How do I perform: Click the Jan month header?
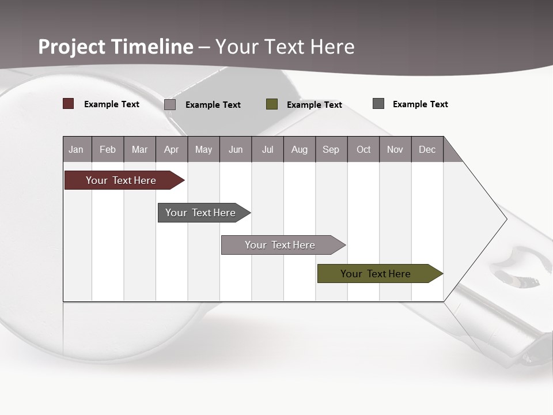[x=76, y=150]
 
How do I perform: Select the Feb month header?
[x=108, y=150]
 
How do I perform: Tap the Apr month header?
[x=171, y=150]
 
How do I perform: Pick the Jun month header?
[x=236, y=150]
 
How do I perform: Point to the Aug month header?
[x=299, y=150]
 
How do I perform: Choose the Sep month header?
[x=331, y=150]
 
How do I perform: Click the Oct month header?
[x=363, y=150]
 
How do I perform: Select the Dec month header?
[x=427, y=150]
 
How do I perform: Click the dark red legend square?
[x=69, y=104]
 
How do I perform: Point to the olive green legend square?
[x=272, y=104]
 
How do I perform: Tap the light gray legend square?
[x=170, y=104]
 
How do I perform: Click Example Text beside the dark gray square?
[x=420, y=104]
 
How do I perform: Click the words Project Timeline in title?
[x=116, y=47]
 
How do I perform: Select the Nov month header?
[x=395, y=150]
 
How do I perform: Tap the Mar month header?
[x=139, y=150]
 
